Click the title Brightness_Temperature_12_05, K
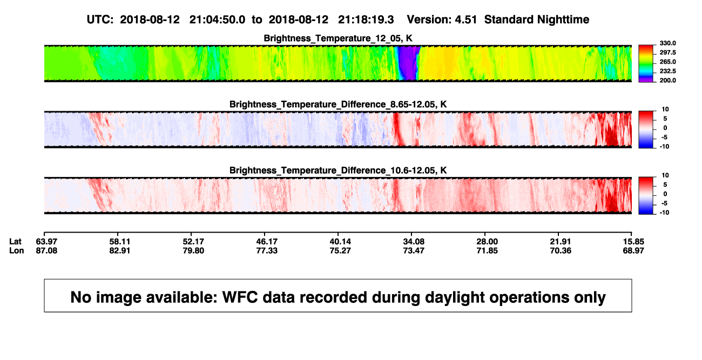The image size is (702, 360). point(338,38)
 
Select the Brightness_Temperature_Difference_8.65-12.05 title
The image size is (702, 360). point(338,104)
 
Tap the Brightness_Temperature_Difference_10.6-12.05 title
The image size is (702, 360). point(338,171)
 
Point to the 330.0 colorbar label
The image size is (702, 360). point(667,43)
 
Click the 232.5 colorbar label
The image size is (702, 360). point(667,71)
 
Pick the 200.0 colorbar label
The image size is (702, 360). point(667,80)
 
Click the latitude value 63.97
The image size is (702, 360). point(46,242)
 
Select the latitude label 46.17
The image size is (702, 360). point(267,242)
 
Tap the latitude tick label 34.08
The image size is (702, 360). point(414,242)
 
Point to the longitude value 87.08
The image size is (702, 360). point(46,250)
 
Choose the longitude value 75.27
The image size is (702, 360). point(340,250)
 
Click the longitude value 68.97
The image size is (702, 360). point(633,250)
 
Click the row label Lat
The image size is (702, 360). point(15,242)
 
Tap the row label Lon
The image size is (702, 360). point(16,250)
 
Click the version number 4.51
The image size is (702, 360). point(465,20)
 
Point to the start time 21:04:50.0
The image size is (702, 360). point(217,20)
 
